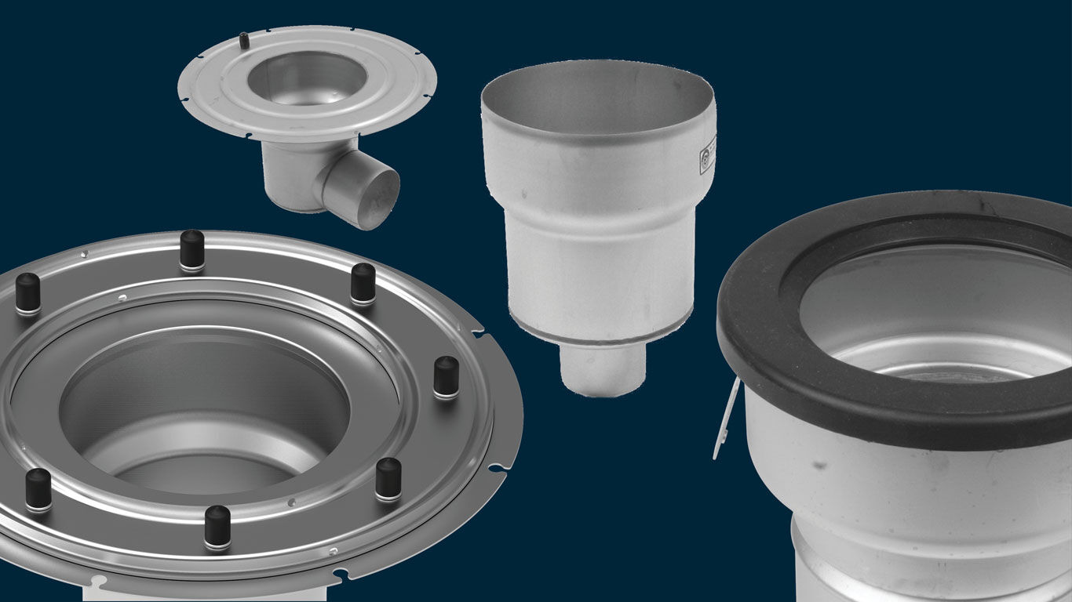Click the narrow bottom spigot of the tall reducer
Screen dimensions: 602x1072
[x=602, y=369]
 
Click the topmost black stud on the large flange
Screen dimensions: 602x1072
[x=192, y=250]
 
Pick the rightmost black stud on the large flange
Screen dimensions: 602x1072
[x=446, y=377]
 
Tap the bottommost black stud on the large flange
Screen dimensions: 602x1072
[x=217, y=527]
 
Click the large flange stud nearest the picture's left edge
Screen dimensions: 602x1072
[x=27, y=292]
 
